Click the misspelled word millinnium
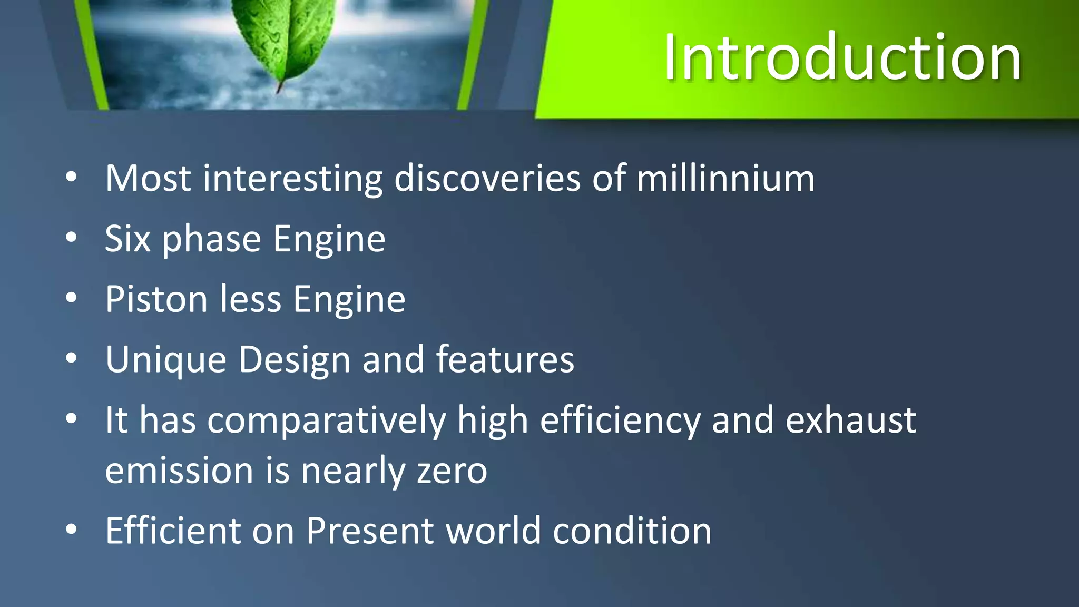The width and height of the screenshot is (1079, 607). click(x=725, y=178)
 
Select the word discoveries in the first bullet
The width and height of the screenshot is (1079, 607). click(x=487, y=178)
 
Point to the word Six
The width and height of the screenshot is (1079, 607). click(x=127, y=239)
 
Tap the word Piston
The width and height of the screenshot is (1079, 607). click(x=156, y=299)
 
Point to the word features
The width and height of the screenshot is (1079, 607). click(x=505, y=359)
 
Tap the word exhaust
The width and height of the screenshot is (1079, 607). click(x=850, y=420)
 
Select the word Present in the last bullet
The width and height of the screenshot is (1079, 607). click(x=370, y=530)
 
